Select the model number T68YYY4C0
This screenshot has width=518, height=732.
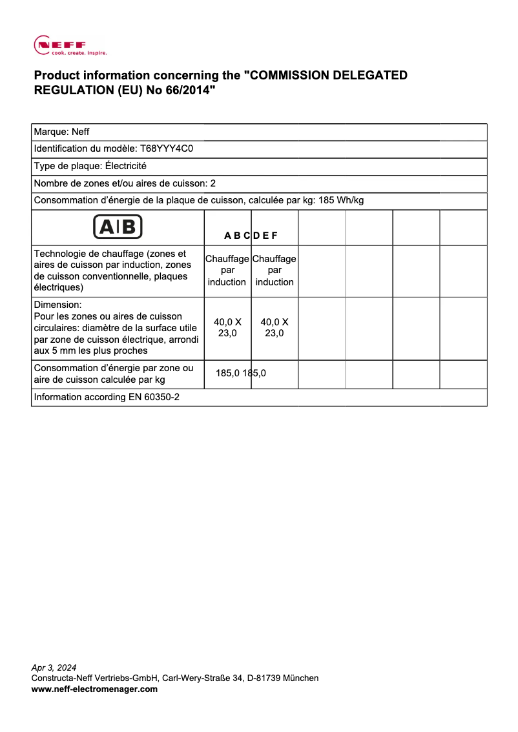[x=167, y=148]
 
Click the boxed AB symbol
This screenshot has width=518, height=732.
[x=118, y=227]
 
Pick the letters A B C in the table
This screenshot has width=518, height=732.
[x=237, y=236]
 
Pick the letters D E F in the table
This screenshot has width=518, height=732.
[x=265, y=236]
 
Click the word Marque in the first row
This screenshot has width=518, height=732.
[x=50, y=132]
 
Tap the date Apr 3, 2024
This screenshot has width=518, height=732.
[x=54, y=667]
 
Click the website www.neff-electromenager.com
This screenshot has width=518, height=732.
[x=94, y=689]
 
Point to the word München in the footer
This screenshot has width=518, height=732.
[x=301, y=678]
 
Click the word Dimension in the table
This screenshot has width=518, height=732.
[x=57, y=305]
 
